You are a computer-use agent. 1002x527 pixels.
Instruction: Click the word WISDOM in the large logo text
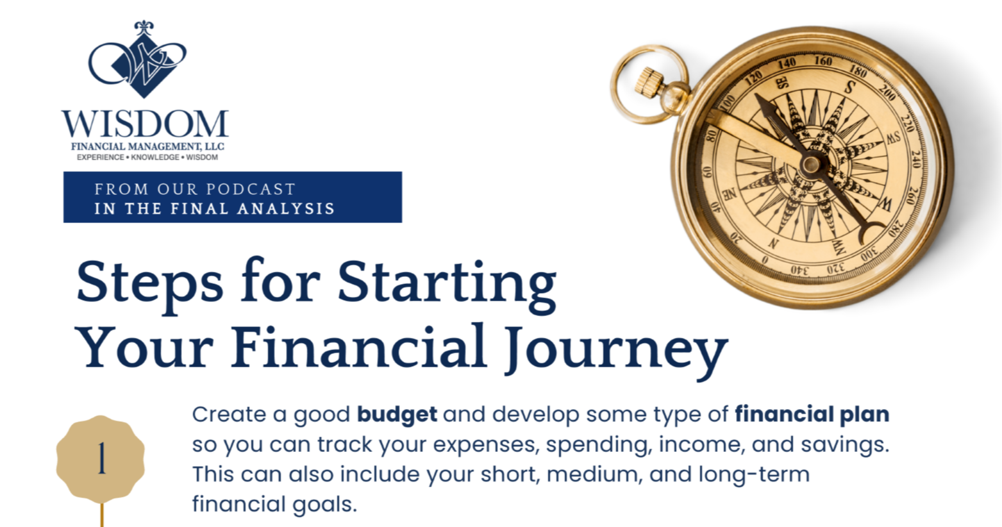[145, 124]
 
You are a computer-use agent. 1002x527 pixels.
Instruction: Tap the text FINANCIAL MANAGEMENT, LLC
[147, 147]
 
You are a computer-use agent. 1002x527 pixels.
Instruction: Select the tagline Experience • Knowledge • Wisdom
[147, 157]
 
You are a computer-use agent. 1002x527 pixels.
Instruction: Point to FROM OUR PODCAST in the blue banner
[195, 189]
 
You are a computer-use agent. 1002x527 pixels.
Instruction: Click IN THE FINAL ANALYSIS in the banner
[214, 208]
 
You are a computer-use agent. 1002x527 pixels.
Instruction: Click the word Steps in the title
[149, 283]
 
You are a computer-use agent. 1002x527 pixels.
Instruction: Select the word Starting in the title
[447, 283]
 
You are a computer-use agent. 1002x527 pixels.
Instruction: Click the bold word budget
[397, 414]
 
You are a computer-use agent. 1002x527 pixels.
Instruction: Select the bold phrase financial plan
[812, 414]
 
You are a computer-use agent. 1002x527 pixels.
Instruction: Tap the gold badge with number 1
[101, 460]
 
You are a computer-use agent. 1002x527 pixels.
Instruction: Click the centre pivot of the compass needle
[810, 164]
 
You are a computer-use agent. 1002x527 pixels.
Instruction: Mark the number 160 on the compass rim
[822, 62]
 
